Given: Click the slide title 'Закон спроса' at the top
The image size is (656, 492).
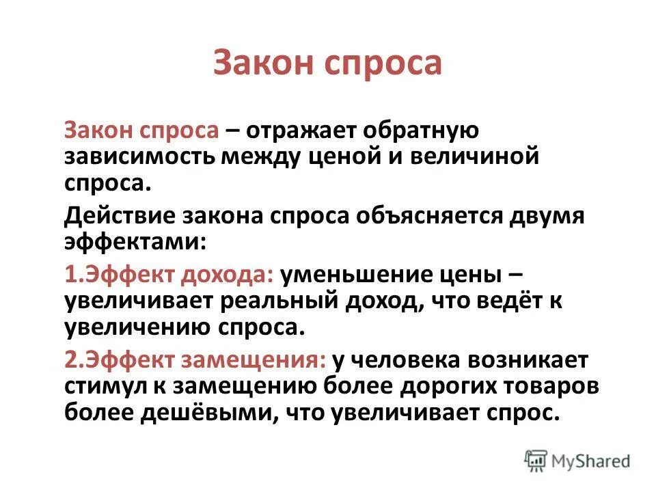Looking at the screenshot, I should (x=327, y=63).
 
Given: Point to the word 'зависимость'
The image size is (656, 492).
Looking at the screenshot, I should (x=139, y=156).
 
